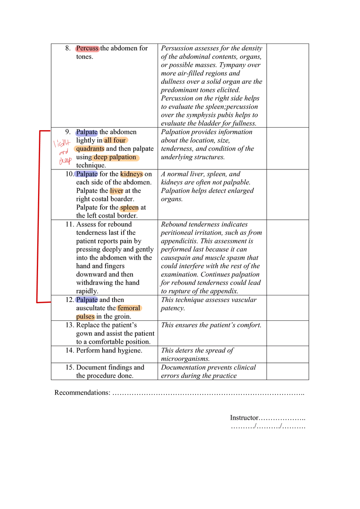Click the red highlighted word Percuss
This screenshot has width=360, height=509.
[87, 49]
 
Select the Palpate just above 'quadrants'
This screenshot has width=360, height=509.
[87, 133]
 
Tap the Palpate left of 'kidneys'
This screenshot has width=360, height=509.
[87, 174]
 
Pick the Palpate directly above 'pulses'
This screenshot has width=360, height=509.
[87, 300]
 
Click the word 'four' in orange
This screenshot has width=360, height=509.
[120, 140]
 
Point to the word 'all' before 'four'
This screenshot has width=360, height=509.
[108, 140]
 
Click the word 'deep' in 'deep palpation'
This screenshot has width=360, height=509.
[100, 157]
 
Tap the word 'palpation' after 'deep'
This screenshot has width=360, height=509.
[122, 157]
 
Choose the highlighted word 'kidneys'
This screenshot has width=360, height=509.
[131, 174]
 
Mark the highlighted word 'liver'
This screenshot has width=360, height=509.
[117, 191]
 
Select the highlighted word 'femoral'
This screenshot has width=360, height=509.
[129, 308]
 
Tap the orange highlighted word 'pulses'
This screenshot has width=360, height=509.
[85, 317]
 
